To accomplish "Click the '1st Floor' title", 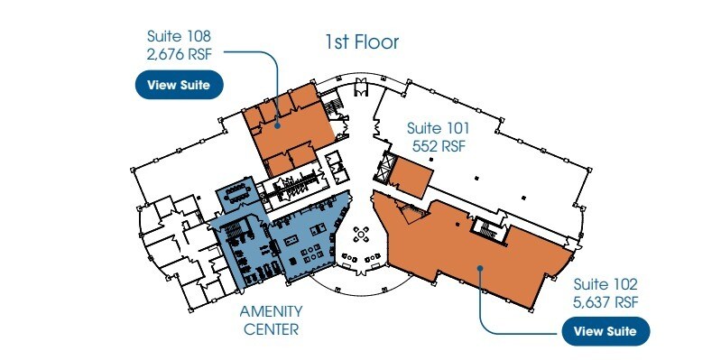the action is click(x=363, y=42).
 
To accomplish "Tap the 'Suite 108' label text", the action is click(x=179, y=36).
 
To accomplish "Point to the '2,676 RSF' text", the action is click(x=180, y=54).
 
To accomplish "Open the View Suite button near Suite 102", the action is click(x=605, y=331).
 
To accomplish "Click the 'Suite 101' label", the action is click(x=439, y=127).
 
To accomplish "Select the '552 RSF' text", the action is click(x=439, y=146).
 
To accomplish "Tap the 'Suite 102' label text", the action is click(x=605, y=284).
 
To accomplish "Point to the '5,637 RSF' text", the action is click(x=605, y=302).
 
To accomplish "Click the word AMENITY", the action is click(x=271, y=311).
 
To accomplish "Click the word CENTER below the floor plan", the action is click(x=271, y=329).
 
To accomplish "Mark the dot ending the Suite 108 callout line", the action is click(x=277, y=125).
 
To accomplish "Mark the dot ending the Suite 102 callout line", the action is click(x=479, y=267).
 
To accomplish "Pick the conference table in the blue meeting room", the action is click(x=236, y=195).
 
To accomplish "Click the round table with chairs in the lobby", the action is click(x=362, y=235).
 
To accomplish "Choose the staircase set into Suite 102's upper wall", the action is click(x=486, y=227).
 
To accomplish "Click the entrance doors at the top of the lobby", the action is click(x=361, y=87).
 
